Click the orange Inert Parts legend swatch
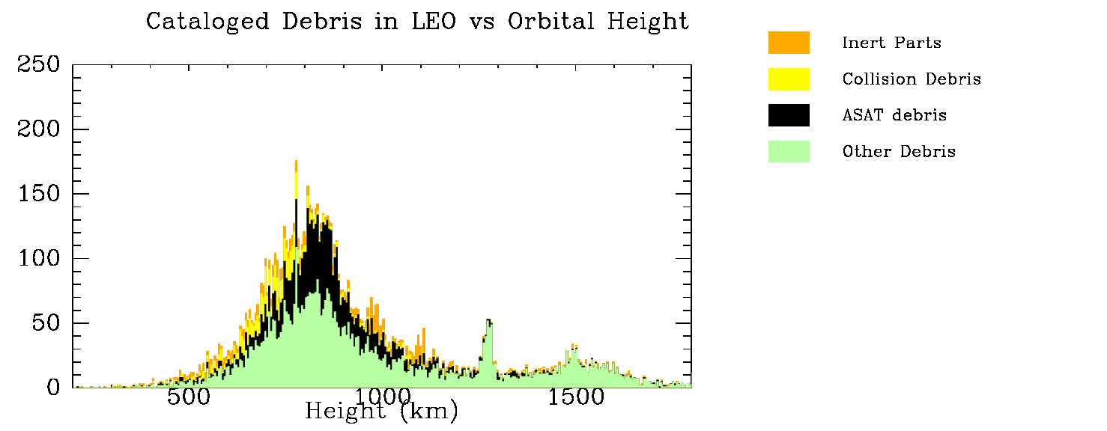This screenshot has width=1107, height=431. (789, 43)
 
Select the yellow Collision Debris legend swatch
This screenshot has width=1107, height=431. (789, 79)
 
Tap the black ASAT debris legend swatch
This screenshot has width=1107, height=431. (789, 114)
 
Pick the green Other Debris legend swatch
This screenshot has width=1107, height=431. (789, 151)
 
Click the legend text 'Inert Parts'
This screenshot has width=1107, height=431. (891, 43)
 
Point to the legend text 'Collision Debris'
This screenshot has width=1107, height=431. (912, 79)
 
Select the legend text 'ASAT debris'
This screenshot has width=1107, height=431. (894, 115)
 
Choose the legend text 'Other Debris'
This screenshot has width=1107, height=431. (899, 151)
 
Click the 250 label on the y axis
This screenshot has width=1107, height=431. (38, 65)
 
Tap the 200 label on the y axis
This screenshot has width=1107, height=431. (38, 129)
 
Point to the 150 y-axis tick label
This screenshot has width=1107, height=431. (38, 194)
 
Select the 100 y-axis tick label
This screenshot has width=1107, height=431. (38, 259)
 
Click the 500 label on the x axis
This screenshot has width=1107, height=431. (188, 397)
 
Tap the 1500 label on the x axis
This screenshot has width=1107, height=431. (575, 397)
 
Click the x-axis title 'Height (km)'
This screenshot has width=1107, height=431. (381, 411)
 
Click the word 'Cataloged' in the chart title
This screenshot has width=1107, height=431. (207, 22)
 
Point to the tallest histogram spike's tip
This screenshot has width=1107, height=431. (297, 161)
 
